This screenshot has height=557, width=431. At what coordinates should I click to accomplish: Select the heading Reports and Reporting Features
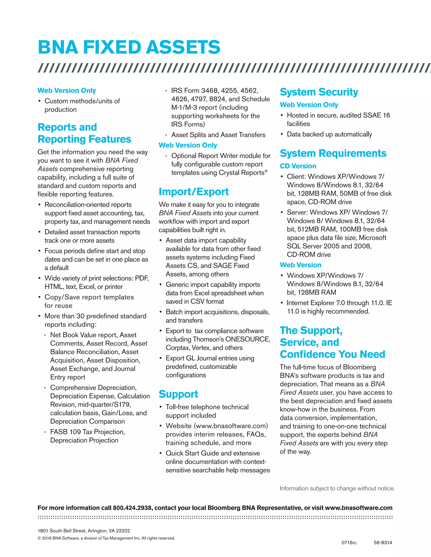coord(84,133)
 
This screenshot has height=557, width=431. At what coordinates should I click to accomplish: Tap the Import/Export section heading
coord(194,192)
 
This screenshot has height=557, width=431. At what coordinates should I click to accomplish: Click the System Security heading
coord(319,92)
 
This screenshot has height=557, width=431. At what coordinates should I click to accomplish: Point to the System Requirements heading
coord(333,153)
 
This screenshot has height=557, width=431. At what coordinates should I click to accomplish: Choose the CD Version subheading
coord(298,166)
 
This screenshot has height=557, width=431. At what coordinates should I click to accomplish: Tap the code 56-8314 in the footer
coord(383,542)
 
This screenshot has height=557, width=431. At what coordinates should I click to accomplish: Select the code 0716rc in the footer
coord(349,542)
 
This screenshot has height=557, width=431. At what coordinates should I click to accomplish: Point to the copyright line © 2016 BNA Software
coord(106,538)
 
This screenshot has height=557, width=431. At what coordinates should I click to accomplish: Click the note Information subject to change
coord(337,488)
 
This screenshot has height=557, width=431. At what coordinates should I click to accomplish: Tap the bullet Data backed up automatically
coord(329,134)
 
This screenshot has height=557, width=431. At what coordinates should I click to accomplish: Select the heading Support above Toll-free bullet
coord(178,394)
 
